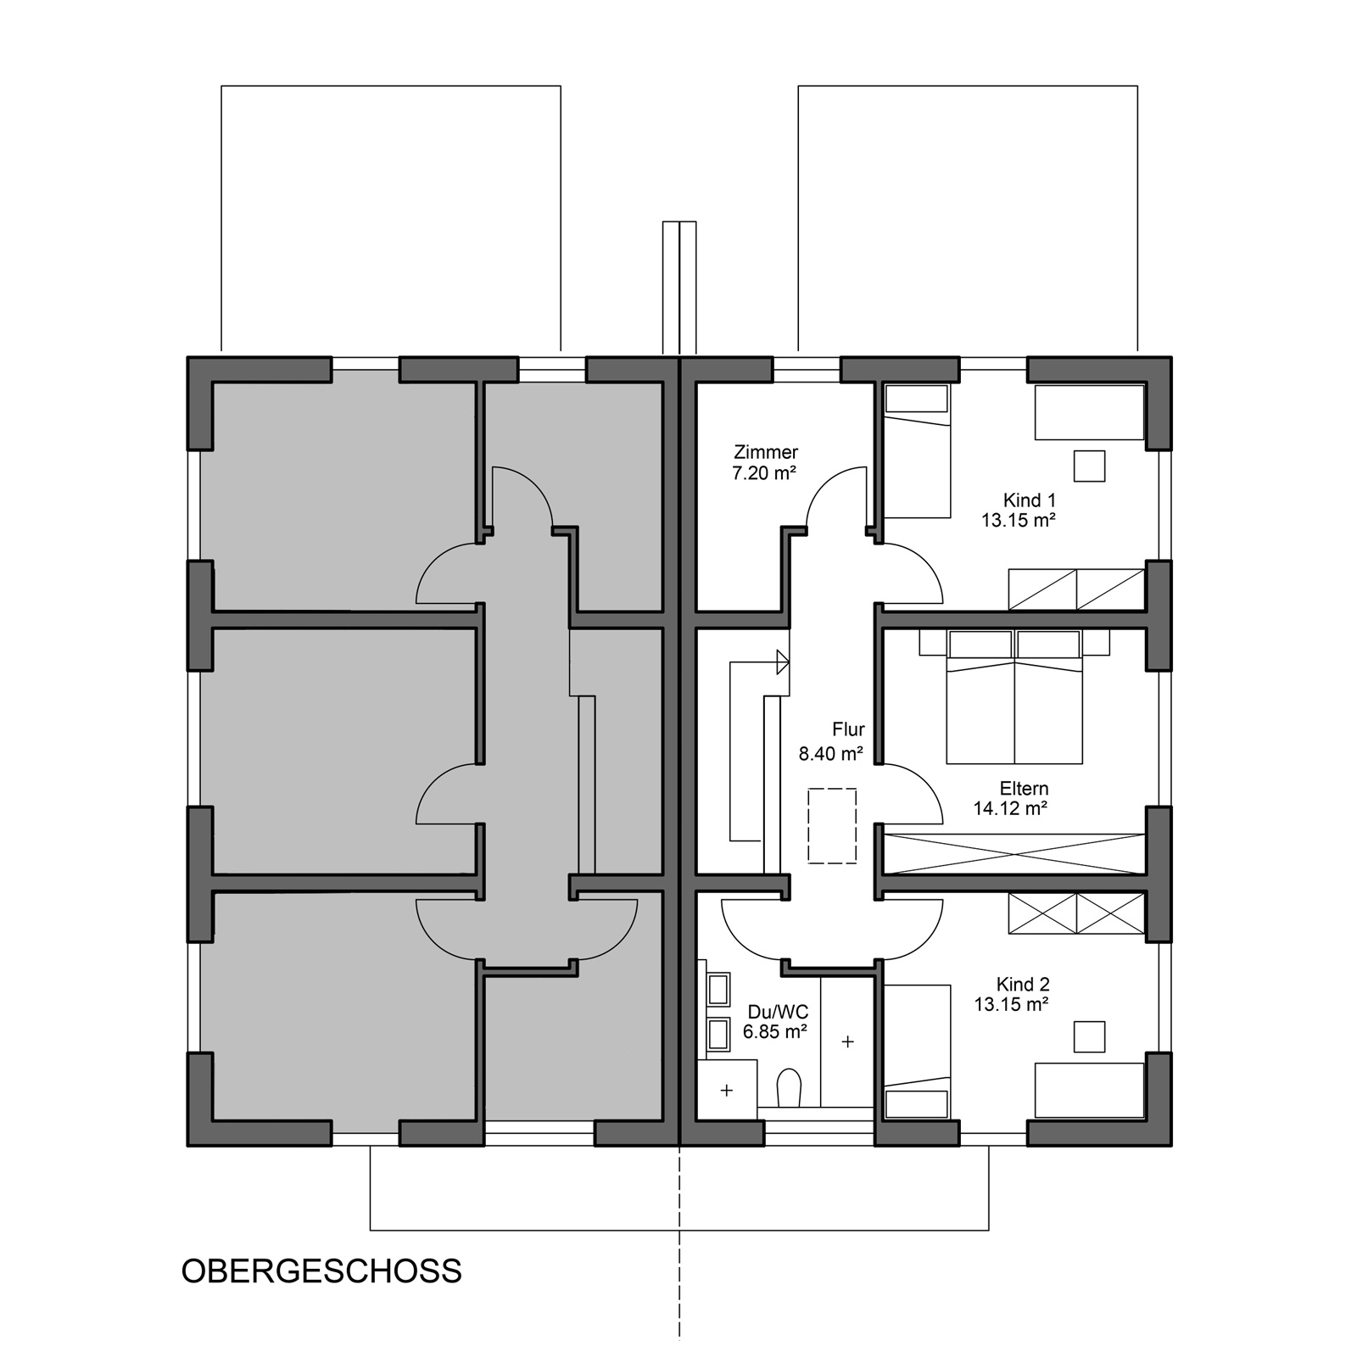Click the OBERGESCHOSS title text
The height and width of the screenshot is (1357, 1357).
click(321, 1271)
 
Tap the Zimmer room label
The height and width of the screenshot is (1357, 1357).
click(766, 453)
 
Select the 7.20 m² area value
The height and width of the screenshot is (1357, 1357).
click(764, 473)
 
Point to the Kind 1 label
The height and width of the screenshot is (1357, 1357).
click(1030, 500)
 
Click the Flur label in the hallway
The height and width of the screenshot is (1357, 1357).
click(848, 729)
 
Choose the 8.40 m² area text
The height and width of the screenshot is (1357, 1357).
click(831, 753)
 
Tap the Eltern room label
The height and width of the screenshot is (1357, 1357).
click(1024, 789)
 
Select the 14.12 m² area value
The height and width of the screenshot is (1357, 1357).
click(1010, 809)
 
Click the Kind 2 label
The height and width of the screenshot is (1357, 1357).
click(1023, 985)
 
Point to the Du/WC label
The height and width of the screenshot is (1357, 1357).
click(778, 1012)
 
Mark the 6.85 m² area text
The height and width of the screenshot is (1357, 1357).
click(775, 1032)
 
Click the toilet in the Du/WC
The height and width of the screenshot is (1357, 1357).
click(789, 1088)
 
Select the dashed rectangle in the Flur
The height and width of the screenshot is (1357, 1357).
click(832, 826)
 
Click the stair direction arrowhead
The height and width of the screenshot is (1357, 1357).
click(783, 662)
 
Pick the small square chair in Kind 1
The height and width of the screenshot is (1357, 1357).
click(1090, 466)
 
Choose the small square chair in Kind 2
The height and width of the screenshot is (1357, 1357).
click(1090, 1037)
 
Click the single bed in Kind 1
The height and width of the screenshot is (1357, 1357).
click(917, 450)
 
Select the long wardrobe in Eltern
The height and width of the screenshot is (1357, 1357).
click(1014, 853)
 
